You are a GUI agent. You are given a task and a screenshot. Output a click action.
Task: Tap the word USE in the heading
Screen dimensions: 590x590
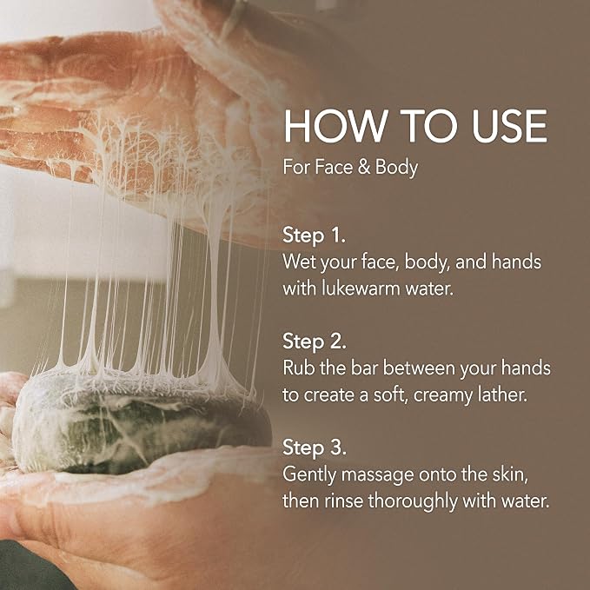(509, 126)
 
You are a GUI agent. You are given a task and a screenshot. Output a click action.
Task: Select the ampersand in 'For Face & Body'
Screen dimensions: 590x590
(364, 167)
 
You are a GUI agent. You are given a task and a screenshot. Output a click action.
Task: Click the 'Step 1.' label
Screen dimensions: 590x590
(314, 236)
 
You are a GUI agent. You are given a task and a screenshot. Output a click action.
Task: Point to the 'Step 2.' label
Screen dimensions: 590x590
(315, 341)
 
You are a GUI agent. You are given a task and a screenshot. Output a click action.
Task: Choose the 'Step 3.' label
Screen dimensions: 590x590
(315, 447)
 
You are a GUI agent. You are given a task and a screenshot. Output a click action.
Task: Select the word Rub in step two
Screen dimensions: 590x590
(299, 368)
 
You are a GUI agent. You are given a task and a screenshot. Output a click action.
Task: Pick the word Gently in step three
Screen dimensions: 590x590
(309, 474)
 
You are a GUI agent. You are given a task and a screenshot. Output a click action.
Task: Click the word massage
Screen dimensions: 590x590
(377, 475)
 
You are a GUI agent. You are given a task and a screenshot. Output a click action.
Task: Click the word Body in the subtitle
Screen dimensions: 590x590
(396, 169)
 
